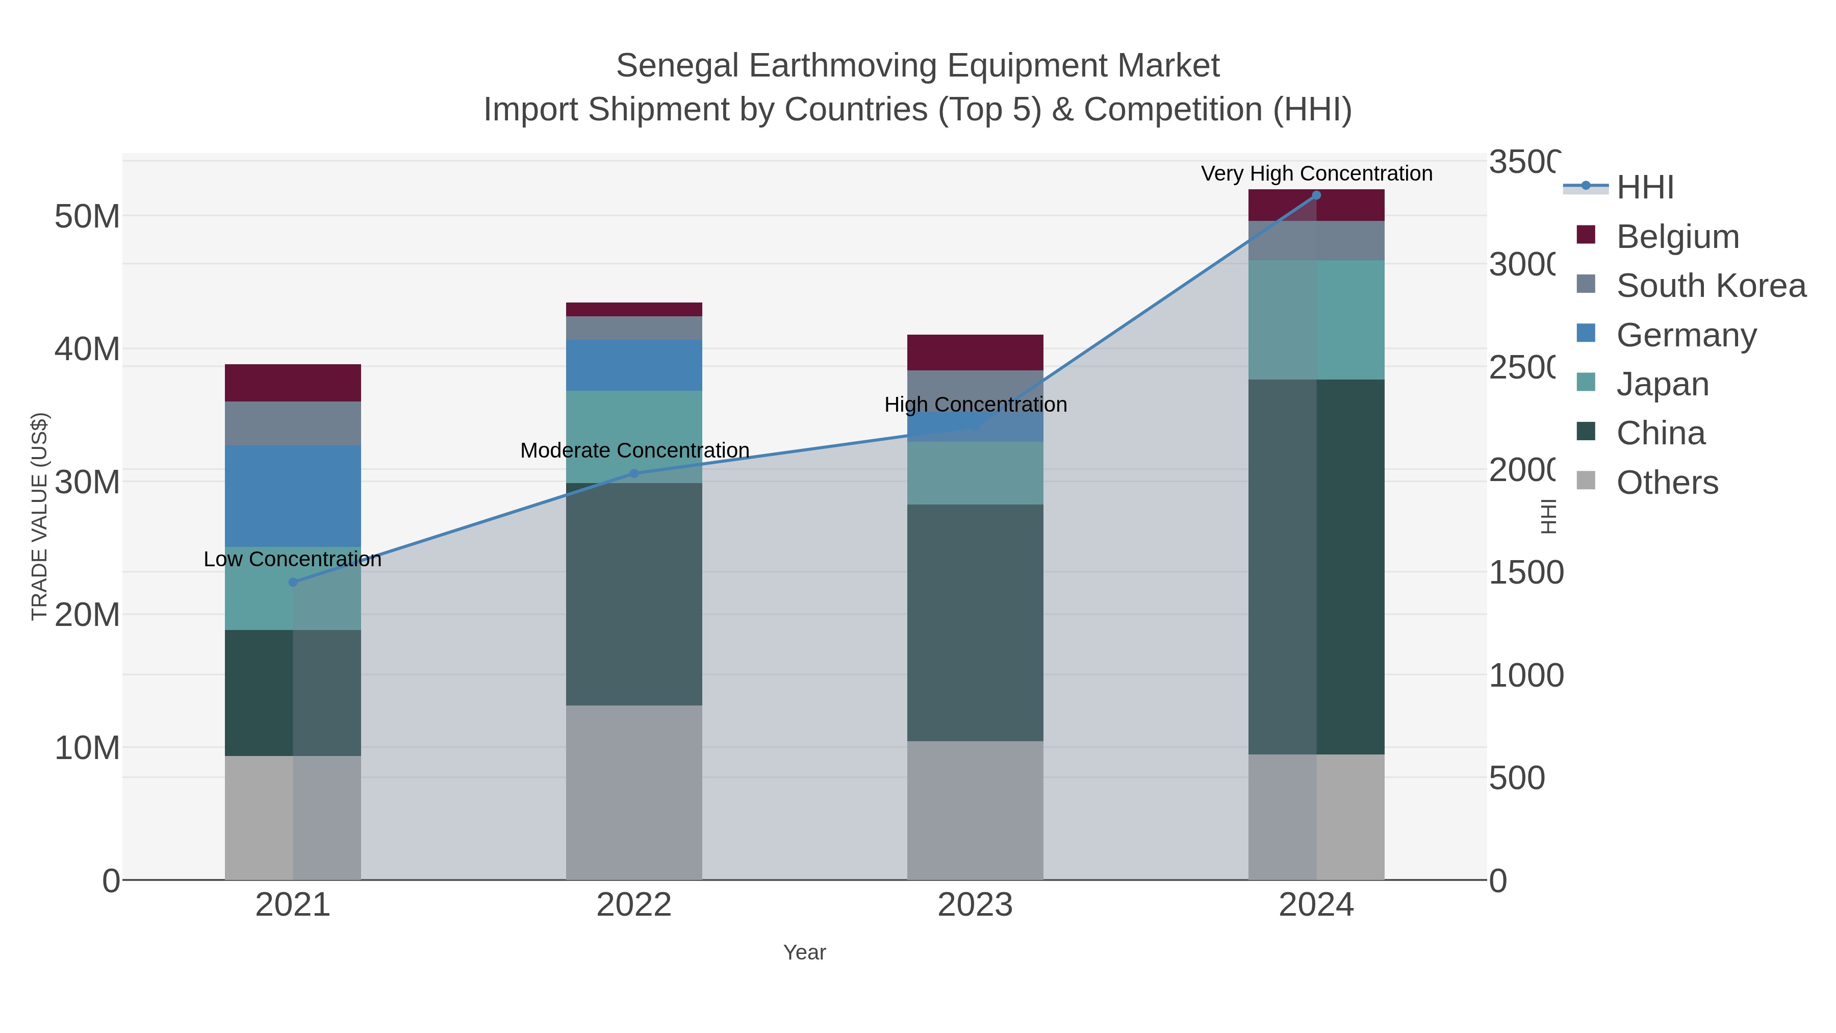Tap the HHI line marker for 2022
tap(634, 473)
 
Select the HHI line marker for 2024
tap(1316, 195)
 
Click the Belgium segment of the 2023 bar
tap(975, 352)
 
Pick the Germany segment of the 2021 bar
tap(293, 496)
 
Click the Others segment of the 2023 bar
tap(975, 811)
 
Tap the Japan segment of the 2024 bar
tap(1316, 319)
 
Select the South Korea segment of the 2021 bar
tap(293, 423)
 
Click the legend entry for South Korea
tap(1711, 285)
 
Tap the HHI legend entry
tap(1645, 188)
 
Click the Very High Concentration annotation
tap(1316, 173)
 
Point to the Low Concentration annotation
tap(293, 559)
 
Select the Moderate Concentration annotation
tap(634, 450)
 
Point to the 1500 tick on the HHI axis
tap(1525, 572)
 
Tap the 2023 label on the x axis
tap(975, 904)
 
